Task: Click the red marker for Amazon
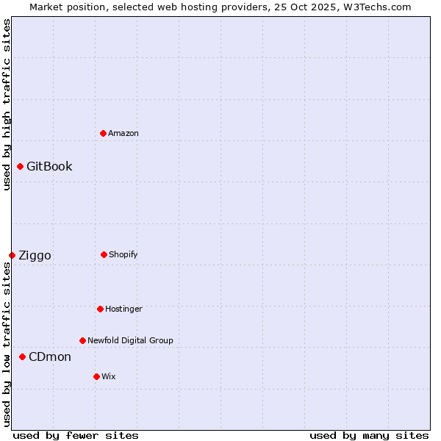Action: tap(103, 133)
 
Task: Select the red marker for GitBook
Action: tap(20, 166)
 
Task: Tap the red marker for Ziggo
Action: tap(12, 255)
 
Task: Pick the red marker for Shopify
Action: tap(104, 254)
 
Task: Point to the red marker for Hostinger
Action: tap(100, 309)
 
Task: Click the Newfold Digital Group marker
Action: tap(82, 340)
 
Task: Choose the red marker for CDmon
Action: tap(22, 356)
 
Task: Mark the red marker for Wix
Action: tap(96, 376)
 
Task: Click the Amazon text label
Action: tap(123, 133)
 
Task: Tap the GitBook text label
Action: tap(49, 166)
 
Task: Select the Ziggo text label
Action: tap(35, 255)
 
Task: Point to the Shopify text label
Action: tap(123, 254)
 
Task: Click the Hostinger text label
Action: tap(123, 309)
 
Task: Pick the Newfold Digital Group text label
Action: tap(130, 340)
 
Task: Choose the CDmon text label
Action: tap(50, 356)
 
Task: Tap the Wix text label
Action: tap(109, 376)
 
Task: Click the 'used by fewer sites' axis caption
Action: tap(76, 435)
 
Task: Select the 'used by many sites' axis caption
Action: tap(369, 435)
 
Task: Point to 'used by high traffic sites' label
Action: tap(7, 105)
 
